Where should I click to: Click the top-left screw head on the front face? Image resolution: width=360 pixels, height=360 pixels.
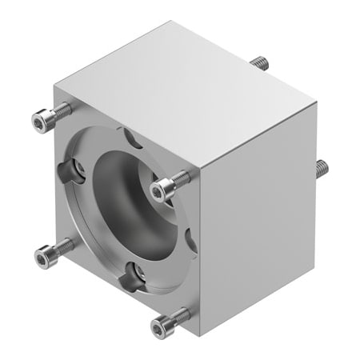point(41,121)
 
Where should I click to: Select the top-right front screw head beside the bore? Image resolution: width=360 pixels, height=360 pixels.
point(162,188)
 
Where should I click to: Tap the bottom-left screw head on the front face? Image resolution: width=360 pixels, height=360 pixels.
point(44,256)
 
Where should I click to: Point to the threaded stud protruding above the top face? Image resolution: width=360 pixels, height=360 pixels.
point(258,62)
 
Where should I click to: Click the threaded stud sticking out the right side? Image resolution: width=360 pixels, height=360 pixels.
point(321,169)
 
